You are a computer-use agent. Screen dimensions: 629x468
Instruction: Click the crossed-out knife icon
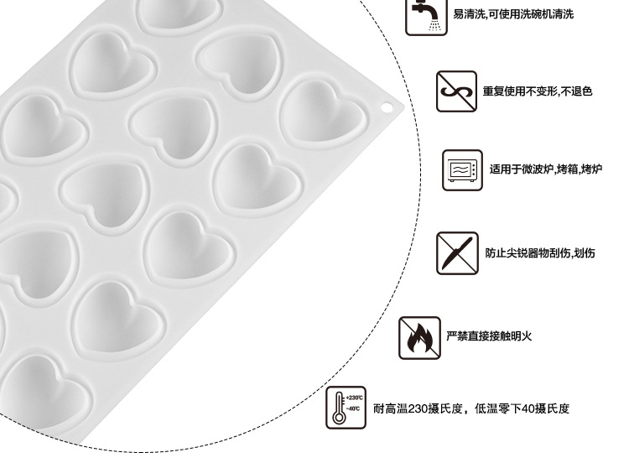pos(456,252)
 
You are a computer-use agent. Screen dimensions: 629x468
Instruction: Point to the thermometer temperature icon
pos(346,408)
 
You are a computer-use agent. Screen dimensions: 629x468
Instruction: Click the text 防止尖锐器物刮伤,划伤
pos(540,252)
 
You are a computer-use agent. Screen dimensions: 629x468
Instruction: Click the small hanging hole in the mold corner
pos(387,107)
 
